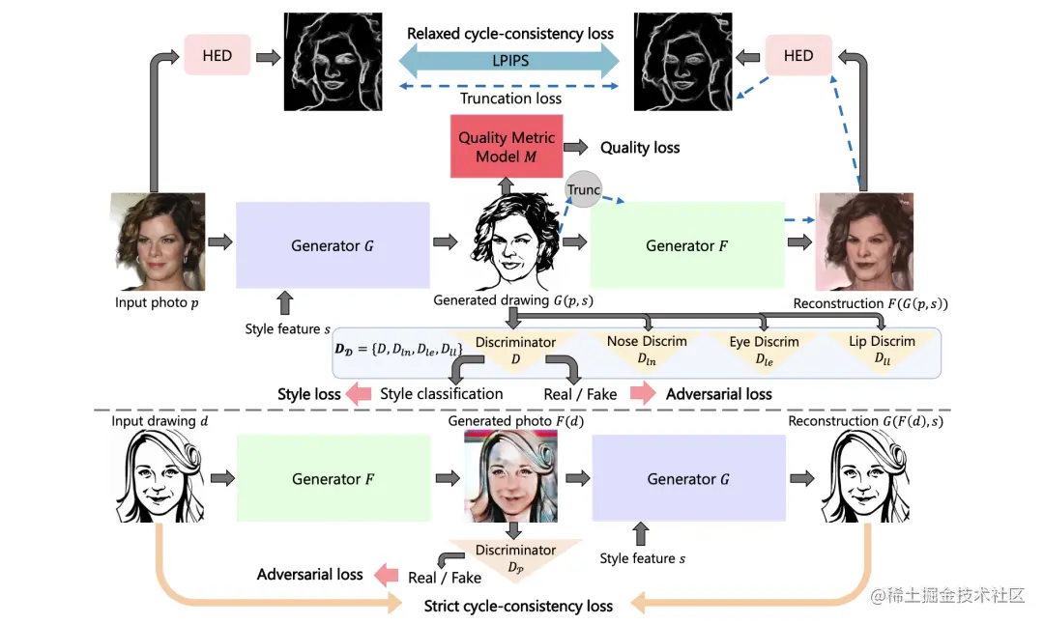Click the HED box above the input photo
coord(217,55)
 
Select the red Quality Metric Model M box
coord(506,147)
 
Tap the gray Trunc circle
coord(584,190)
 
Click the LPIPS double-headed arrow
coord(509,61)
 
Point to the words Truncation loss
coord(510,98)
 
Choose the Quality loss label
coord(640,148)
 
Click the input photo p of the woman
coord(158,241)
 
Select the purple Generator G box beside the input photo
coord(333,245)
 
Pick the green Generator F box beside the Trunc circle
coord(686,245)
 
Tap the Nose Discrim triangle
coord(647,349)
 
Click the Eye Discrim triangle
coord(764,349)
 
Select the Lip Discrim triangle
coord(881,349)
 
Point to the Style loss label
coord(309,394)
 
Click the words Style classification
coord(442,394)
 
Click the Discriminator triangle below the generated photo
coord(514,556)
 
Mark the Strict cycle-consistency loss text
coord(518,607)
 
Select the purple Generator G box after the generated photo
coord(688,479)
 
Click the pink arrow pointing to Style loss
coord(360,394)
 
